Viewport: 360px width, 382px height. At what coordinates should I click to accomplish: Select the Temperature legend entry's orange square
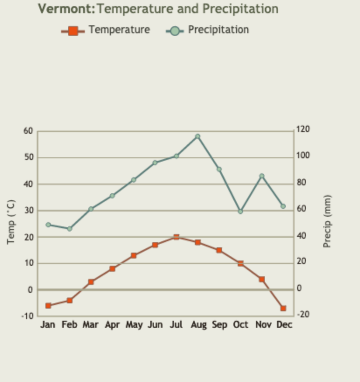pos(73,31)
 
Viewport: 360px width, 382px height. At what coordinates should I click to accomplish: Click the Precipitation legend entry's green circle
pos(175,31)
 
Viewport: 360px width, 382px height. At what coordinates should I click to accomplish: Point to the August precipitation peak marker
pos(197,136)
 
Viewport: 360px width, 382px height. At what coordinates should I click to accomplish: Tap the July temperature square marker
pos(176,237)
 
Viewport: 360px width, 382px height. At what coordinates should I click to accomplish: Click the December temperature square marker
pos(283,308)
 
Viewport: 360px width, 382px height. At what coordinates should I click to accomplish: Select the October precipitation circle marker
pos(240,212)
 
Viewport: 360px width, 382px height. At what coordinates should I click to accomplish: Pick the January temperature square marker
pos(48,306)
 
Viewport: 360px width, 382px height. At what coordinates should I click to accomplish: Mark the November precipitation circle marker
pos(262,176)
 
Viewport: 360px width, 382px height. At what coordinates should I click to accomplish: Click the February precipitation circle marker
pos(69,229)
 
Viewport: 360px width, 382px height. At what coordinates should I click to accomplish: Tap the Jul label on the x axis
pos(176,325)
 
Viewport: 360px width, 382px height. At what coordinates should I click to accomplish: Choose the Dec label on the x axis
pos(284,325)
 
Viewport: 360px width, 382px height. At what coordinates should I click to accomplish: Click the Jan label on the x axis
pos(48,325)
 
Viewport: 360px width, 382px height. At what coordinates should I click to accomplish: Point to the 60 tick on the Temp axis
pos(28,131)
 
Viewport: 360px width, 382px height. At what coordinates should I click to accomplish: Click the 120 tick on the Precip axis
pos(303,129)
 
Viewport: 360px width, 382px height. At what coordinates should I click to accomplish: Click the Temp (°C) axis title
pos(11,222)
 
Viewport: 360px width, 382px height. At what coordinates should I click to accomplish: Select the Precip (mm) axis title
pos(327,221)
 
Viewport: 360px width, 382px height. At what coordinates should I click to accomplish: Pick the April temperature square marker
pos(112,269)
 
